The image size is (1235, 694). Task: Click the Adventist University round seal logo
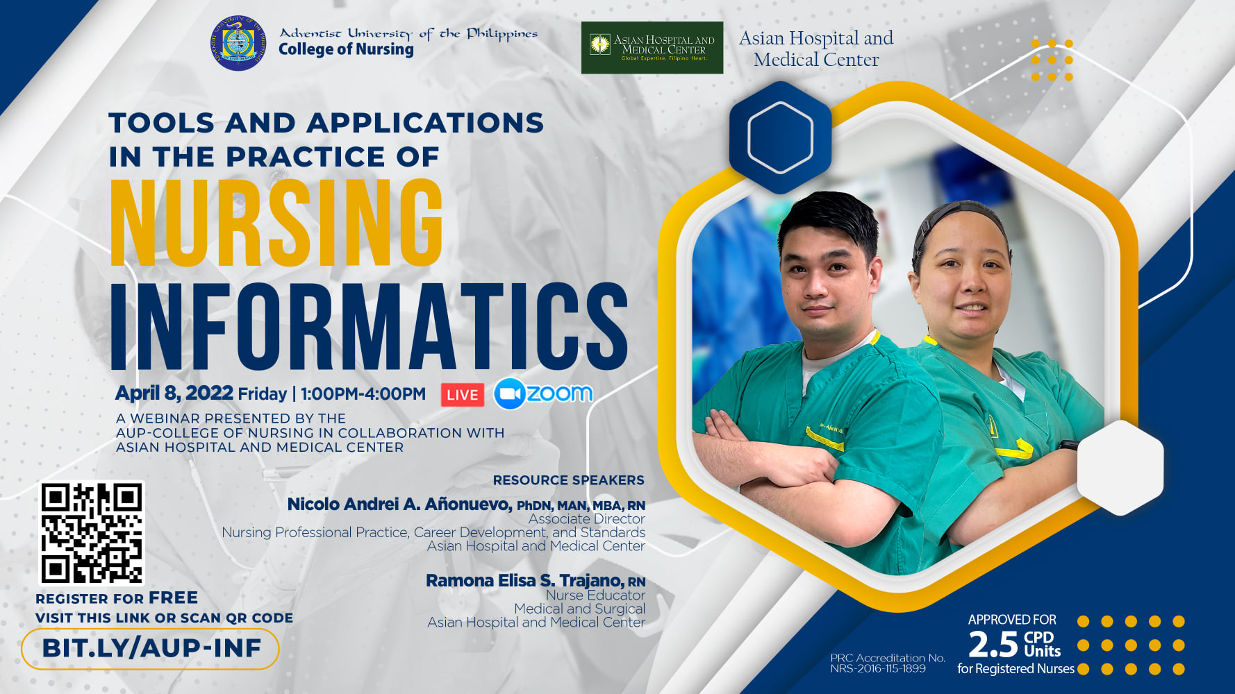[238, 43]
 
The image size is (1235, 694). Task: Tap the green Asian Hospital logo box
[652, 48]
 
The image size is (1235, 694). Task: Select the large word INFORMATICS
[369, 325]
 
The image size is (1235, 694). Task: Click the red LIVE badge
[463, 395]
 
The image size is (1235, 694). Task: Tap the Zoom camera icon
[510, 394]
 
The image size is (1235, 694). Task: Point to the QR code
[92, 533]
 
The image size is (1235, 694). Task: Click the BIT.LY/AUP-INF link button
[150, 649]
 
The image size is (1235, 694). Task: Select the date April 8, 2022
[174, 393]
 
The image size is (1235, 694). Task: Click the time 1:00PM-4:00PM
[363, 394]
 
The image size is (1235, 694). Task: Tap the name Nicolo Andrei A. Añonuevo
[400, 505]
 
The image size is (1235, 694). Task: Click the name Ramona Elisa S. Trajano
[525, 581]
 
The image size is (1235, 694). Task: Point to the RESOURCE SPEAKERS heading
[569, 480]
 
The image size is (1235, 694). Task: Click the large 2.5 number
[993, 645]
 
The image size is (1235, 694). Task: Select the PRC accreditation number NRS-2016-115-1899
[878, 669]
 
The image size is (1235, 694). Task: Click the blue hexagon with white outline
[780, 137]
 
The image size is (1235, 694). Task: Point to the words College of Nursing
[346, 50]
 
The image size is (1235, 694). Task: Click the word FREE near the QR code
[173, 598]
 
